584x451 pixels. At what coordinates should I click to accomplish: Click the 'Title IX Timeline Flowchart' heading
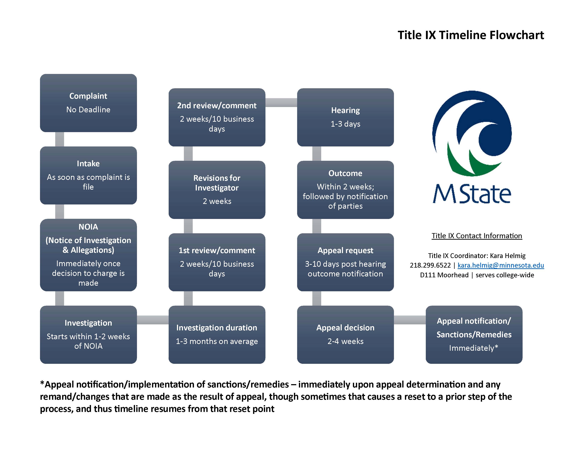470,35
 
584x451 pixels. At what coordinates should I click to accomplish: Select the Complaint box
88,103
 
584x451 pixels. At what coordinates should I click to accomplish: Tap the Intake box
88,175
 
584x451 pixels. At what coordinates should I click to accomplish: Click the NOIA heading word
88,227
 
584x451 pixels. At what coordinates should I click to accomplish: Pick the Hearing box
345,117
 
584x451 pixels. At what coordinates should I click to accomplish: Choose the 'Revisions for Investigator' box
217,190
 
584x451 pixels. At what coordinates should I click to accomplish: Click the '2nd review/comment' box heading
217,106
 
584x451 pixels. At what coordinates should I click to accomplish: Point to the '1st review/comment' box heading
217,250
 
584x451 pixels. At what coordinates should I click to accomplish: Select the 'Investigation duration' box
217,334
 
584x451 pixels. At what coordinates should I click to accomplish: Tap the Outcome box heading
345,173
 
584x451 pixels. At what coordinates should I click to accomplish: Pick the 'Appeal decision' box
345,334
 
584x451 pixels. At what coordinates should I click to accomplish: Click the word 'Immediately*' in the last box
474,348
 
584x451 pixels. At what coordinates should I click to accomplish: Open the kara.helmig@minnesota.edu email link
501,265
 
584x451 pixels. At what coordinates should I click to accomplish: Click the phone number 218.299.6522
430,265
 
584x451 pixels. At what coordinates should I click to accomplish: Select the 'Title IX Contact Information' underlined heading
477,236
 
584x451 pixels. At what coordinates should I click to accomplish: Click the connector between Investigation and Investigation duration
153,320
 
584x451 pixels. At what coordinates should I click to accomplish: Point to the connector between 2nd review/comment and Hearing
281,102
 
